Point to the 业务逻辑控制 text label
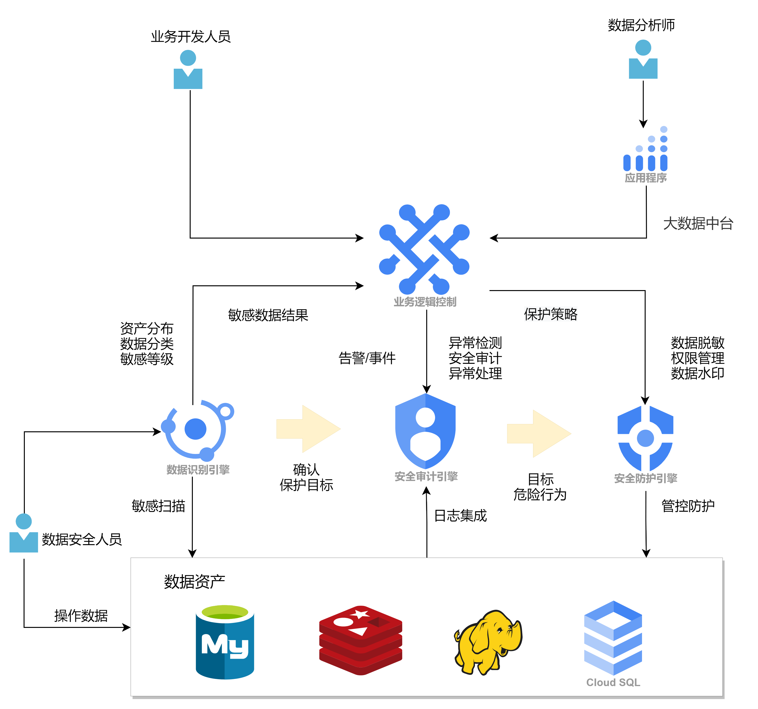coord(425,302)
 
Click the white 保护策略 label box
coord(551,314)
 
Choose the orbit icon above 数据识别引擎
coord(197,430)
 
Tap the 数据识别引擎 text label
coord(198,470)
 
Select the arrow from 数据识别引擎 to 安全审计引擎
coord(308,429)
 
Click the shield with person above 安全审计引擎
coord(425,431)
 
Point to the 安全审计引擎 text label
coord(426,476)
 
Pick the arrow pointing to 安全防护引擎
coord(539,434)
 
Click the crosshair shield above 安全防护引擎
coord(645,438)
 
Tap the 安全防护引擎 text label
coord(646,478)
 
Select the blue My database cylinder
coord(225,642)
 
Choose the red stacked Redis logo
coord(361,640)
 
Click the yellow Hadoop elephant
coord(488,642)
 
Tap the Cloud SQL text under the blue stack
coord(613,682)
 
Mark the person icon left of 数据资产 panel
coord(24,533)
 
